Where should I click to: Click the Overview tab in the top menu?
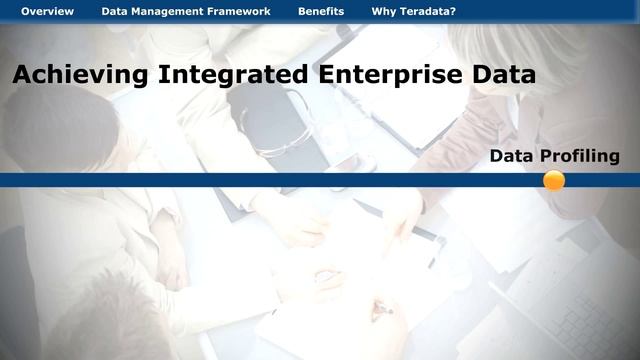coord(47,12)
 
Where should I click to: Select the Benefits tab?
coord(321,12)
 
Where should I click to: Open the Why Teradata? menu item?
coord(413,12)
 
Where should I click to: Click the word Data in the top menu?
coord(114,12)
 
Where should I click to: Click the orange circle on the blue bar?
coord(554,180)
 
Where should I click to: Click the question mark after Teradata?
coord(452,12)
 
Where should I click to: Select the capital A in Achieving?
coord(22,75)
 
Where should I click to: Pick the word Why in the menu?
coord(383,12)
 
